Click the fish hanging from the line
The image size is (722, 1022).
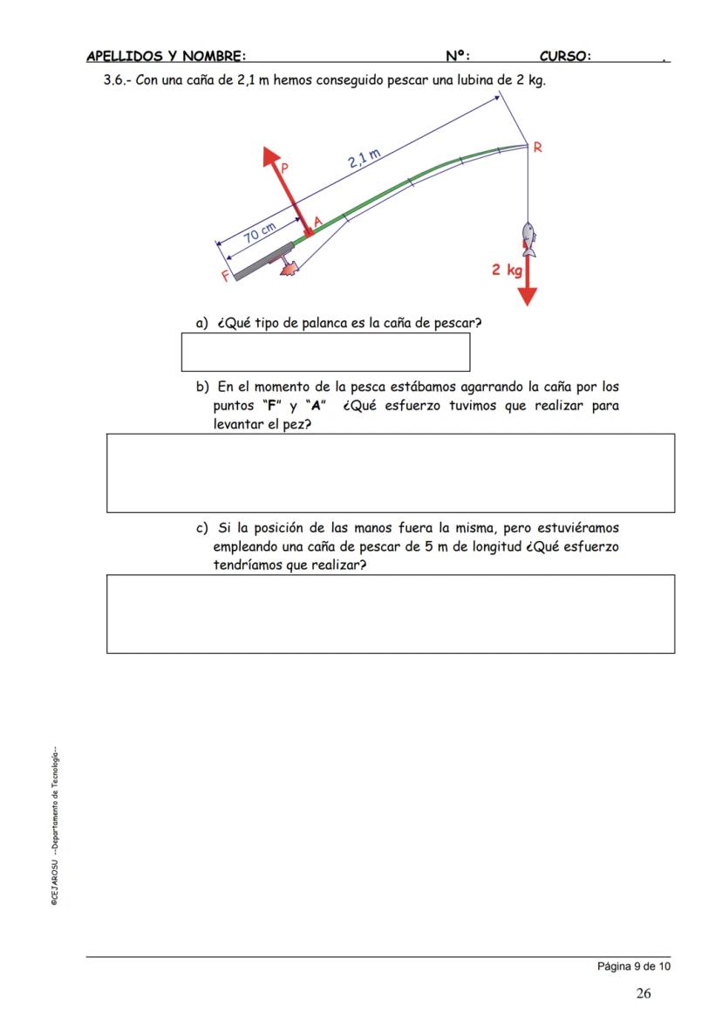coord(528,238)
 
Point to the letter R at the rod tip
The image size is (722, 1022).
coord(537,147)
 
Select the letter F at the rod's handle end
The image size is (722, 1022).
coord(226,276)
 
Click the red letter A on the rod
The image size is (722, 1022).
coord(317,223)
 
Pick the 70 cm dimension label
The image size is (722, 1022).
coord(259,233)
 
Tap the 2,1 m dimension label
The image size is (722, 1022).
coord(364,158)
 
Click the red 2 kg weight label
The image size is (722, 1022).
coord(505,270)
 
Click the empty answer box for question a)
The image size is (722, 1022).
coord(325,352)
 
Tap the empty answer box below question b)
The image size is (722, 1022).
coord(391,472)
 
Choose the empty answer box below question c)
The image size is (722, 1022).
coord(391,614)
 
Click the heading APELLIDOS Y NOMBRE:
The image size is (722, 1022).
coord(166,57)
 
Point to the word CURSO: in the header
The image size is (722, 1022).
coord(565,57)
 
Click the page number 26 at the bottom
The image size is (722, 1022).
coord(643,992)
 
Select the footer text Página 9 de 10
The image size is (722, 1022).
coord(634,966)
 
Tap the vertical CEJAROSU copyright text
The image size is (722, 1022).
coord(54,826)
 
